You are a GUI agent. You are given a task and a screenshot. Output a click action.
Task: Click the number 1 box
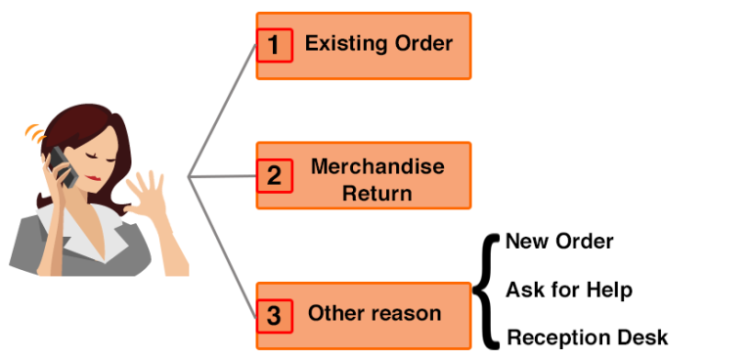coord(275,45)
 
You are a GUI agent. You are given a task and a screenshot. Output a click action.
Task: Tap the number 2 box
coord(275,177)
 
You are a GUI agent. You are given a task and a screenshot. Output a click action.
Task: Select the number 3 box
coord(275,316)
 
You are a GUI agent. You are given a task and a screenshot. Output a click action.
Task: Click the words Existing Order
coord(378,44)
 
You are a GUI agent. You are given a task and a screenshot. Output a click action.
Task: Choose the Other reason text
coord(375,314)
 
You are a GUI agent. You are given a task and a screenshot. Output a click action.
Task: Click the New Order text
coord(559,242)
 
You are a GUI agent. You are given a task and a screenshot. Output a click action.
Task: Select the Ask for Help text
coord(568,290)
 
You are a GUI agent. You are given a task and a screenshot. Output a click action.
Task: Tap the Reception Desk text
coord(587,337)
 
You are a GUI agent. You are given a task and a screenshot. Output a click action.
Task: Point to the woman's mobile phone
coord(64,166)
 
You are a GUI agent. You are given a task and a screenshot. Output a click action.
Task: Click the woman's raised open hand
coord(148,196)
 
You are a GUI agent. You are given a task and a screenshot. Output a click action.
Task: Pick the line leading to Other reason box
coord(223,245)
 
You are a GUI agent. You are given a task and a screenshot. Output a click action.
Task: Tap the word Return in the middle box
coord(376,193)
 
